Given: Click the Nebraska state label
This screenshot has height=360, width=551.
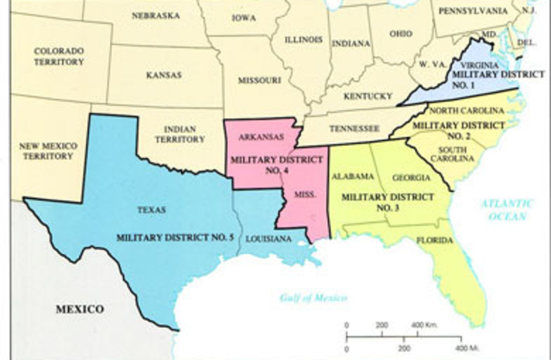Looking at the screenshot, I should tap(156, 16).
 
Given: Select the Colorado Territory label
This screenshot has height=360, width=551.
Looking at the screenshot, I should tap(59, 56).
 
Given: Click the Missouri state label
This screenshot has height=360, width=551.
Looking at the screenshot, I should tap(258, 79).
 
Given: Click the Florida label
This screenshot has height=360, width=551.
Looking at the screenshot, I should tap(435, 240).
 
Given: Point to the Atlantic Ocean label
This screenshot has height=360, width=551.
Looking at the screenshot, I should tap(502, 208).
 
